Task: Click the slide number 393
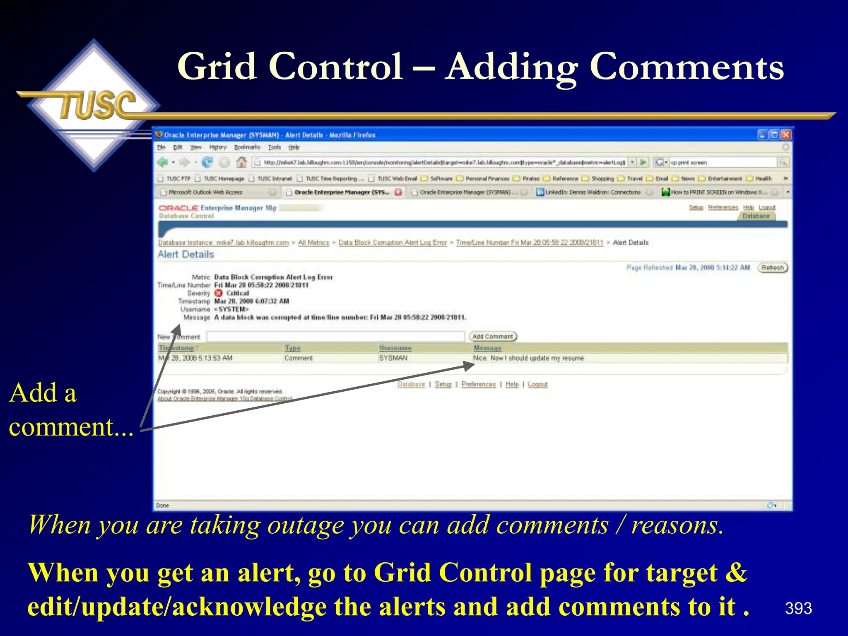click(x=798, y=608)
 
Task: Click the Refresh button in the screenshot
click(x=772, y=268)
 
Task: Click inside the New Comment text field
click(x=335, y=337)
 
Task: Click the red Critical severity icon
click(x=219, y=293)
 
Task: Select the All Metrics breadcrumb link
click(x=313, y=243)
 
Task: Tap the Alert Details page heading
click(x=186, y=255)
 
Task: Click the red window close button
click(x=785, y=135)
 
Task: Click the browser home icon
click(x=241, y=162)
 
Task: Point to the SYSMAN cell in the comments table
click(x=393, y=358)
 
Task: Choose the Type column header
click(x=292, y=348)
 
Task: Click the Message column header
click(x=487, y=348)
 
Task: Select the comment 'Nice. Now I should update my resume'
click(x=528, y=358)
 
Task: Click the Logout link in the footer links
click(x=537, y=384)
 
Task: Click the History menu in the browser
click(x=217, y=147)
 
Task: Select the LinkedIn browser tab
click(x=592, y=192)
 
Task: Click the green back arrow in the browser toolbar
click(x=163, y=162)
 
